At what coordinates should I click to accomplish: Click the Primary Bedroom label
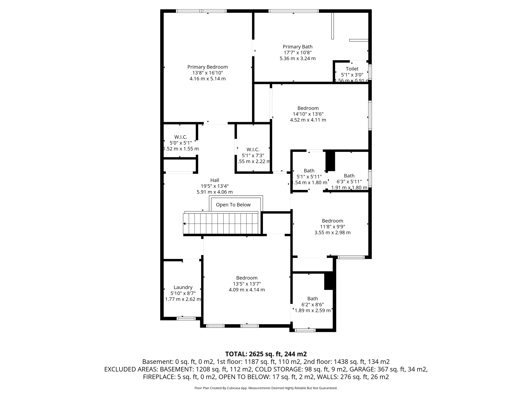(208, 67)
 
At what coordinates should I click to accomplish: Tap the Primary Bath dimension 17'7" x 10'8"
(297, 53)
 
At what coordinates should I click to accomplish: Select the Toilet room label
(352, 69)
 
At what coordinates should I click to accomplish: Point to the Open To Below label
(233, 205)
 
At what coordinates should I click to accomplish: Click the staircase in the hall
(221, 224)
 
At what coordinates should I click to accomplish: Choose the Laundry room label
(183, 287)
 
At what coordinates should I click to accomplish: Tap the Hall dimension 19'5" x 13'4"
(215, 186)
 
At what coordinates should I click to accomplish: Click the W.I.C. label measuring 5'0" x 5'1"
(181, 137)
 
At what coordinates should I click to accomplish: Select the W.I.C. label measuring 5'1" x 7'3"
(253, 150)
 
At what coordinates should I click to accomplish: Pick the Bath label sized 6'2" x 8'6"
(312, 299)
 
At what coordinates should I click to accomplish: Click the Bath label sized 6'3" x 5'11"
(349, 176)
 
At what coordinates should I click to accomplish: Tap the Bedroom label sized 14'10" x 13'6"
(308, 108)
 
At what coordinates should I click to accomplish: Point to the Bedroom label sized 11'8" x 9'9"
(332, 221)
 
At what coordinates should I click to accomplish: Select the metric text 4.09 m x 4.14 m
(247, 290)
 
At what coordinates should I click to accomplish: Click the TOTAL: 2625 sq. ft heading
(266, 354)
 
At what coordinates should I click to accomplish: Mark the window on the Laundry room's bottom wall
(186, 318)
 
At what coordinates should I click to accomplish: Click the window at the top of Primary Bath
(294, 11)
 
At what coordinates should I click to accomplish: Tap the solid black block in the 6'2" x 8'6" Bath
(329, 281)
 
